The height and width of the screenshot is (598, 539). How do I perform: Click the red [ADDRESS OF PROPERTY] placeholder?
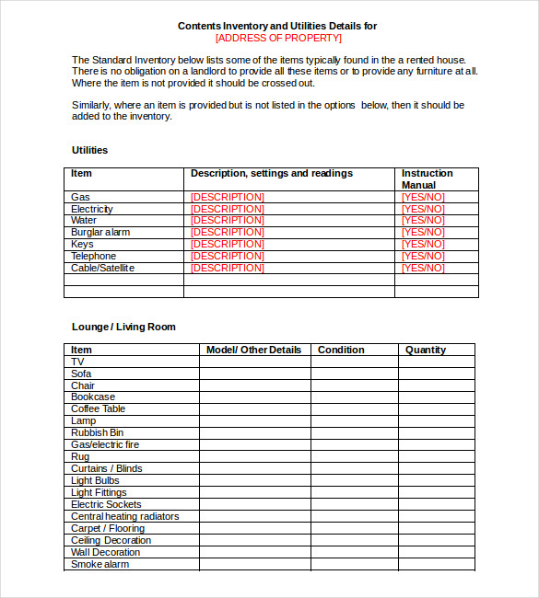[x=277, y=39]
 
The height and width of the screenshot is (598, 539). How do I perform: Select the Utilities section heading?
[x=89, y=150]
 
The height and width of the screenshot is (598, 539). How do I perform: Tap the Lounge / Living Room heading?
[x=123, y=327]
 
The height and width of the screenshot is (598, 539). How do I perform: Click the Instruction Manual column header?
[x=427, y=178]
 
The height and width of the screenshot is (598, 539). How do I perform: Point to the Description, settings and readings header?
[x=271, y=173]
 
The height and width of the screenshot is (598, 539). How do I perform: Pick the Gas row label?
[x=80, y=197]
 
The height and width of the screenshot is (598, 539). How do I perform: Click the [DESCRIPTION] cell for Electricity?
[x=227, y=209]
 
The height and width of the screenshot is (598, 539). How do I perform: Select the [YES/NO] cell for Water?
[x=423, y=221]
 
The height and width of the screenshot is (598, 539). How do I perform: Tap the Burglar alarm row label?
[x=100, y=233]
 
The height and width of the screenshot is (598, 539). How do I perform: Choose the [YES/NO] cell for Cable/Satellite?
[x=423, y=268]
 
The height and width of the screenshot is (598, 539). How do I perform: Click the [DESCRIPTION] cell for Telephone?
[x=227, y=256]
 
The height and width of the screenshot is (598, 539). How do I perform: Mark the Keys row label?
[x=82, y=245]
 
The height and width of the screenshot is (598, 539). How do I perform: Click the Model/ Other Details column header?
[x=253, y=350]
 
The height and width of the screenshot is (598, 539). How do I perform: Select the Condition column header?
[x=341, y=350]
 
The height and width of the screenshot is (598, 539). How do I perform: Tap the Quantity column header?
[x=425, y=350]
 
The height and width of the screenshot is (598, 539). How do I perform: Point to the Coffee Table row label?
[x=98, y=408]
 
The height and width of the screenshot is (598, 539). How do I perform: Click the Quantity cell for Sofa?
[x=437, y=374]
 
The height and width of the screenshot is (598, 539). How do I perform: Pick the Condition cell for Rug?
[x=354, y=456]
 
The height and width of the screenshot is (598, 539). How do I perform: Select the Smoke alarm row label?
[x=100, y=564]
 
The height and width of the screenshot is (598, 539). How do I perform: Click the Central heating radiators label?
[x=124, y=516]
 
